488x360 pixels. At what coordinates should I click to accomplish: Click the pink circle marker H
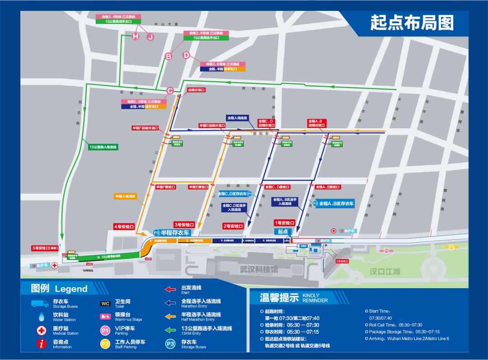click(135, 37)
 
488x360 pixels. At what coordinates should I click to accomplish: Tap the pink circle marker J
click(150, 37)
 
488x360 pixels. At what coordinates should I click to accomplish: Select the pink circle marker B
click(169, 56)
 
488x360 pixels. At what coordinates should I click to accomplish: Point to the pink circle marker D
click(186, 55)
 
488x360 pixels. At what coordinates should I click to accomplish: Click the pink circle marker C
click(170, 90)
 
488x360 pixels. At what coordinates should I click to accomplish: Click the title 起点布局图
click(412, 22)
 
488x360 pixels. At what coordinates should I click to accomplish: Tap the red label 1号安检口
click(285, 223)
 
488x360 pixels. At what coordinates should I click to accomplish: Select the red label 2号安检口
click(233, 226)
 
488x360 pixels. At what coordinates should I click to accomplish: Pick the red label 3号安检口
click(184, 224)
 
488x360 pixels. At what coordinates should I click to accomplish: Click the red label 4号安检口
click(124, 227)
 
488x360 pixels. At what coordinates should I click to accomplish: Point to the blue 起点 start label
click(283, 231)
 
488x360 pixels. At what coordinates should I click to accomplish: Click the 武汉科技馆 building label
click(259, 269)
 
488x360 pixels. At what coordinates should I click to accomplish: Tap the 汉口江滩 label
click(385, 271)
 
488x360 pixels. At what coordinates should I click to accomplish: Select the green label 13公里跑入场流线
click(103, 147)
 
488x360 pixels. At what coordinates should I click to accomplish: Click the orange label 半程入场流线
click(125, 196)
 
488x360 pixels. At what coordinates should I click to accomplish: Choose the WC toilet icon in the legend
click(105, 304)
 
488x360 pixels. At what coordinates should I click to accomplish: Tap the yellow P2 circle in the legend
click(105, 344)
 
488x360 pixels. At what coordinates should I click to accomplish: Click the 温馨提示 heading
click(279, 298)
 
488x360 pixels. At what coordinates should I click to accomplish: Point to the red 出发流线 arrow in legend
click(170, 289)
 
